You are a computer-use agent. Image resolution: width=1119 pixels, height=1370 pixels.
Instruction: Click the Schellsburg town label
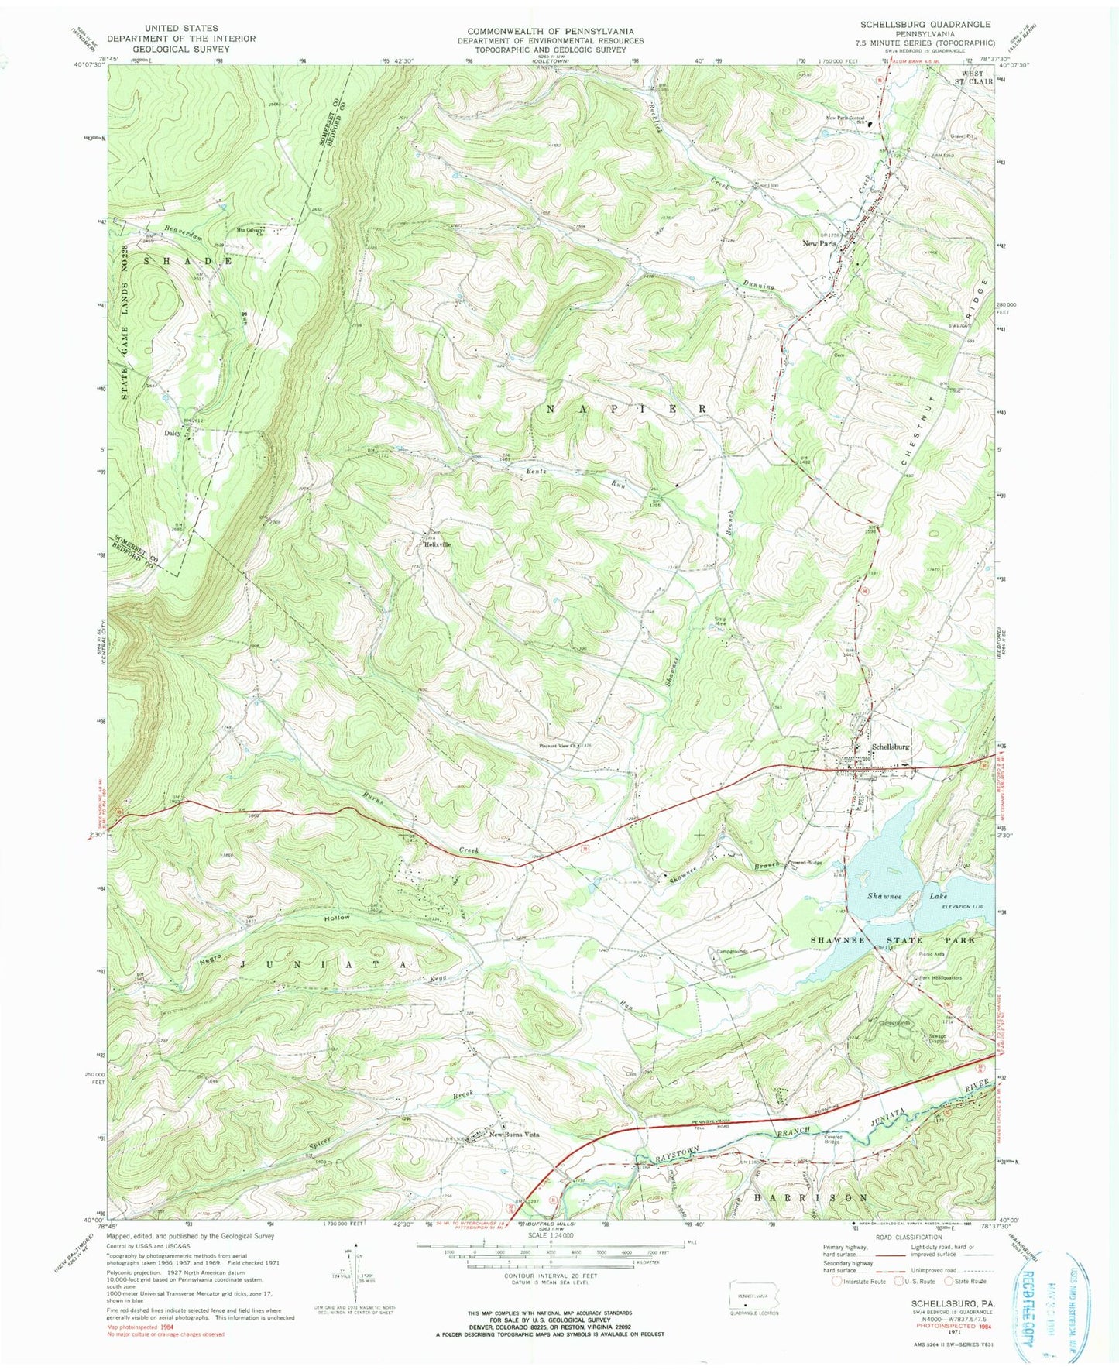click(x=890, y=747)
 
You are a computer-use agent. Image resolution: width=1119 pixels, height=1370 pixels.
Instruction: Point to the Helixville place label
click(x=437, y=544)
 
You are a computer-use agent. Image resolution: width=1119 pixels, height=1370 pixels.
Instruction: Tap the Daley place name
click(x=172, y=434)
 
